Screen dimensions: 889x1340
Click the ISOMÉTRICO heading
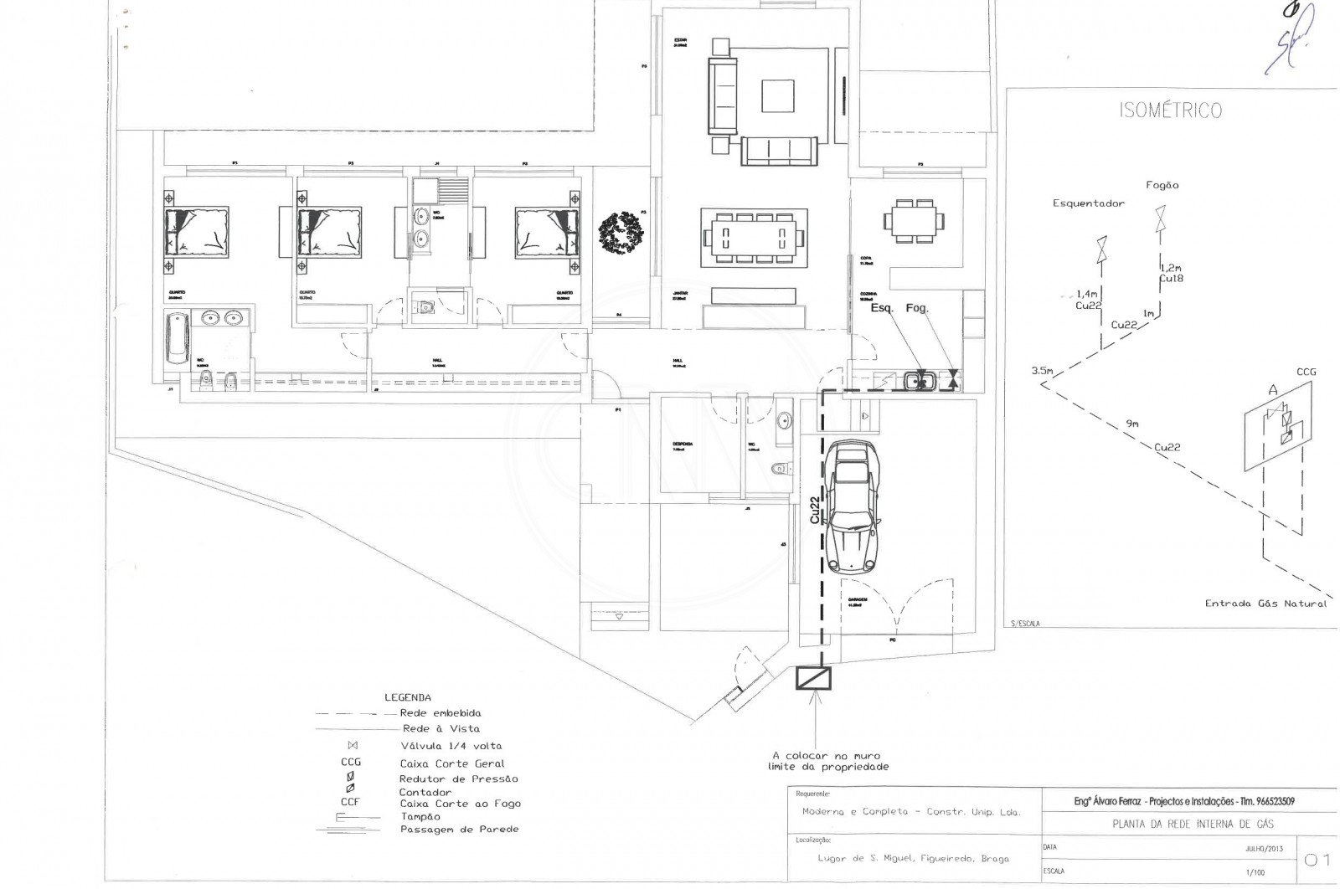pyautogui.click(x=1170, y=110)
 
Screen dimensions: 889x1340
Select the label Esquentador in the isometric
pyautogui.click(x=1089, y=203)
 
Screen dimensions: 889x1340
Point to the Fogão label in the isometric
pyautogui.click(x=1162, y=186)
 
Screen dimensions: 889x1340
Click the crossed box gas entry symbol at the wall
pyautogui.click(x=813, y=678)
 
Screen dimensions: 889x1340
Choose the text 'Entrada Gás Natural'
pyautogui.click(x=1265, y=604)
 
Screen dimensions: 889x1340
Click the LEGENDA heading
pyautogui.click(x=408, y=697)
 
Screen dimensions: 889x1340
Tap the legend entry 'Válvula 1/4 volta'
pyautogui.click(x=451, y=746)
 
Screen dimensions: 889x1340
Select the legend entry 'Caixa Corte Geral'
pyautogui.click(x=452, y=763)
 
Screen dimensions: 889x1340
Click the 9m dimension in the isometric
pyautogui.click(x=1132, y=424)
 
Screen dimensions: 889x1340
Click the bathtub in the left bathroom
pyautogui.click(x=178, y=337)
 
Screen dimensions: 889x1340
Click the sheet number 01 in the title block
pyautogui.click(x=1317, y=860)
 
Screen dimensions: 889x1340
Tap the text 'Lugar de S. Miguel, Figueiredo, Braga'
pyautogui.click(x=913, y=859)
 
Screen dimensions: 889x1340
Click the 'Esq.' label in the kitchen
pyautogui.click(x=882, y=308)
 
